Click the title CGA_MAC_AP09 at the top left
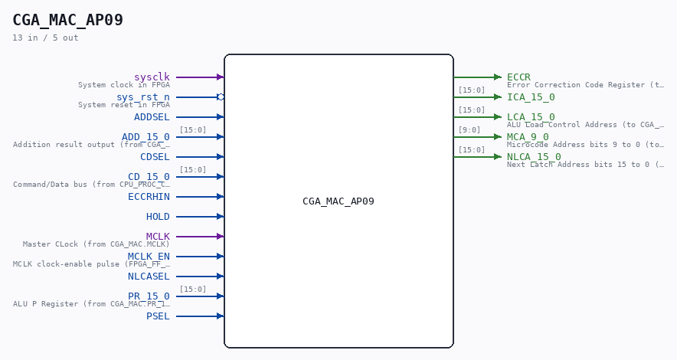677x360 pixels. click(x=68, y=20)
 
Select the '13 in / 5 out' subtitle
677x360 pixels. click(x=45, y=38)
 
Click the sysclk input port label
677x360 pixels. click(x=152, y=77)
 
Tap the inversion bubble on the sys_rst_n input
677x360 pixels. click(x=221, y=97)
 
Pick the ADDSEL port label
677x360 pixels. click(x=152, y=117)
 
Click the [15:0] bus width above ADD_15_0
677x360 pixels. click(x=192, y=130)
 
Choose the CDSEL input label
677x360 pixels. click(x=155, y=157)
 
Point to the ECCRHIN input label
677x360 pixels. click(x=149, y=197)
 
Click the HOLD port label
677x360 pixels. click(x=158, y=217)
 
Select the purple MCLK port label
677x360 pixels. click(x=158, y=237)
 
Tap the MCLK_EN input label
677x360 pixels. click(x=149, y=257)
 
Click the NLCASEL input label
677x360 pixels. click(x=149, y=277)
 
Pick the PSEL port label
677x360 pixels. click(x=158, y=316)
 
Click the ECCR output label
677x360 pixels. click(x=518, y=77)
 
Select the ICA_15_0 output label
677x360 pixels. click(x=531, y=97)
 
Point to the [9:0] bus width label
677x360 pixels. click(x=469, y=130)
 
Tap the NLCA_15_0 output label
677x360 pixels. click(x=534, y=157)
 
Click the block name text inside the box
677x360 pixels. click(x=338, y=201)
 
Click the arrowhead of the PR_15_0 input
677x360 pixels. click(x=221, y=296)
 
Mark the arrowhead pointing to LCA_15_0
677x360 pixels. click(x=499, y=117)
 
